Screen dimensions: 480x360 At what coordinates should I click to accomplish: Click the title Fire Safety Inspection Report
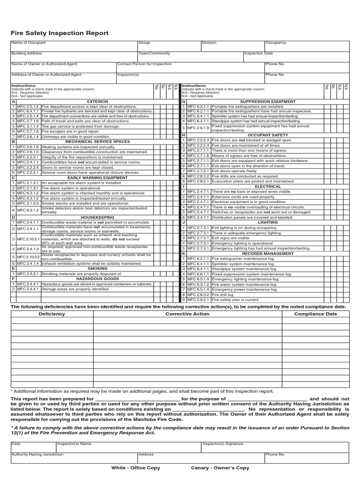tap(60, 33)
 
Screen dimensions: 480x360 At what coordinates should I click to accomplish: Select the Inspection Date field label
tap(258, 53)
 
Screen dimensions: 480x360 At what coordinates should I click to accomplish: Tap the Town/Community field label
tap(154, 53)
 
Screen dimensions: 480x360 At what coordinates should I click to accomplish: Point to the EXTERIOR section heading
tap(97, 101)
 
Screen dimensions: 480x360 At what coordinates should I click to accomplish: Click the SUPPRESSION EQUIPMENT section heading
tap(268, 101)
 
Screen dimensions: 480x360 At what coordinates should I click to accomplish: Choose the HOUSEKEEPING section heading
tap(97, 217)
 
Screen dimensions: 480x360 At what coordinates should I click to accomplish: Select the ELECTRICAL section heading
tap(268, 187)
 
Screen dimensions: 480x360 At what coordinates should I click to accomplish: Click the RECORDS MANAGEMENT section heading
tap(268, 253)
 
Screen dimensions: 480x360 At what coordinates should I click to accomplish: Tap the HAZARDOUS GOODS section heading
tap(97, 278)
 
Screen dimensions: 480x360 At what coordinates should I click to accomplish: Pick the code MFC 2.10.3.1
tap(29, 239)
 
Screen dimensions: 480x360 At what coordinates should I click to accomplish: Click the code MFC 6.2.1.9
tap(199, 127)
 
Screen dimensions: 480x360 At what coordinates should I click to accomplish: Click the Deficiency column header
tap(52, 314)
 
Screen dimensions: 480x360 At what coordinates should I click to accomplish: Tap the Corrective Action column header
tap(187, 314)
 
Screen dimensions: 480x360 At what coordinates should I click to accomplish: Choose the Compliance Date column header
tap(315, 314)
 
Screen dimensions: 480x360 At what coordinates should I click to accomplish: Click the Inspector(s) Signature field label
tap(223, 443)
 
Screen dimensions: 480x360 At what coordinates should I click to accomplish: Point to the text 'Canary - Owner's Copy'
tap(220, 468)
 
